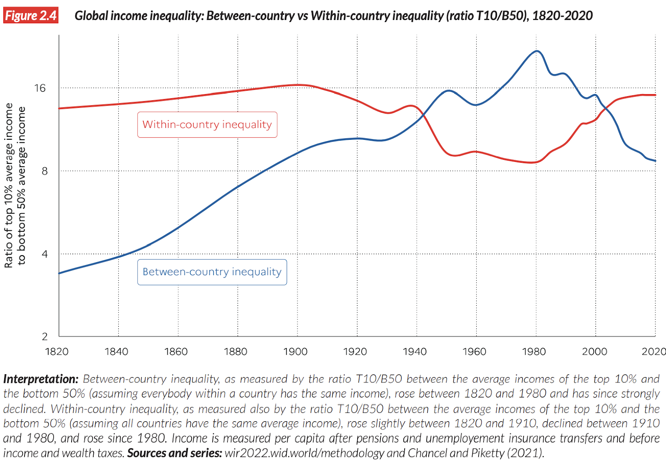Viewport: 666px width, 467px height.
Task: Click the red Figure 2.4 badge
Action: [31, 15]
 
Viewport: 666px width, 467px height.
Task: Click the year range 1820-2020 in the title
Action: [562, 16]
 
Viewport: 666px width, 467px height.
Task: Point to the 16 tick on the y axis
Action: [40, 88]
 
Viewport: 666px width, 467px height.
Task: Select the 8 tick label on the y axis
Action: [45, 171]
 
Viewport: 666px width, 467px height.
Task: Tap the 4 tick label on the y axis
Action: [45, 253]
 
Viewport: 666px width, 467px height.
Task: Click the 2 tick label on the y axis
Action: [45, 336]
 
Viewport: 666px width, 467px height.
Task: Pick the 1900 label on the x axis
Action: [295, 352]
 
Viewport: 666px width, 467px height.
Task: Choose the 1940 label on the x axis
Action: [415, 352]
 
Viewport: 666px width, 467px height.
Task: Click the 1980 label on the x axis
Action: [534, 352]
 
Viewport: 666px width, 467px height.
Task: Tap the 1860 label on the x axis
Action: [176, 352]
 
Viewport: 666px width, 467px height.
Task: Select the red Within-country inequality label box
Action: [207, 124]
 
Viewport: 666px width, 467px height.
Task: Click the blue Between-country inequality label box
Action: [212, 272]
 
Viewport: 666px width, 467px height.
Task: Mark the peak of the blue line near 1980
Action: [537, 51]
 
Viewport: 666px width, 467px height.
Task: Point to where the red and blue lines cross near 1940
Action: [422, 116]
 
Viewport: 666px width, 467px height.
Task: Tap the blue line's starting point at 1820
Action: [60, 273]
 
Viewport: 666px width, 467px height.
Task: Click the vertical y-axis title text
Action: [15, 185]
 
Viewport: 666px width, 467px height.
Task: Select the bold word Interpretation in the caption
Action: [40, 379]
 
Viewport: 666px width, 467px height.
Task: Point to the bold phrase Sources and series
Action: [174, 453]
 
